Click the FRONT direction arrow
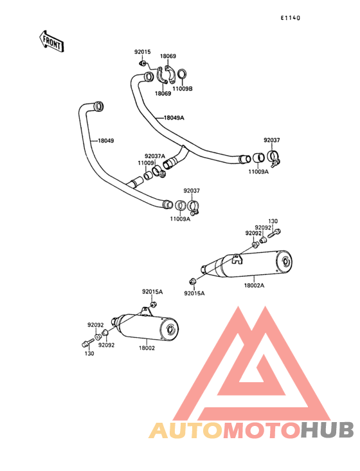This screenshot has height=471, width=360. point(51,41)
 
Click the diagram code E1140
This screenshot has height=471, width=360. point(291,18)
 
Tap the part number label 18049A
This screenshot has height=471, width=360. point(174,118)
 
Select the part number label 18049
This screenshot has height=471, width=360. point(106,140)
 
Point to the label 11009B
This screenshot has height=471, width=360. point(183,89)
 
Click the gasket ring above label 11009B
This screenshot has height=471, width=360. point(182,74)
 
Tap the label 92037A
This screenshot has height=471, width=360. point(155,156)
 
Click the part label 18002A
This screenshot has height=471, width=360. point(254,285)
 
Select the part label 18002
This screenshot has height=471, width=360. point(147,348)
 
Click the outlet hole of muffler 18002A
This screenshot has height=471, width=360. point(286,263)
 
